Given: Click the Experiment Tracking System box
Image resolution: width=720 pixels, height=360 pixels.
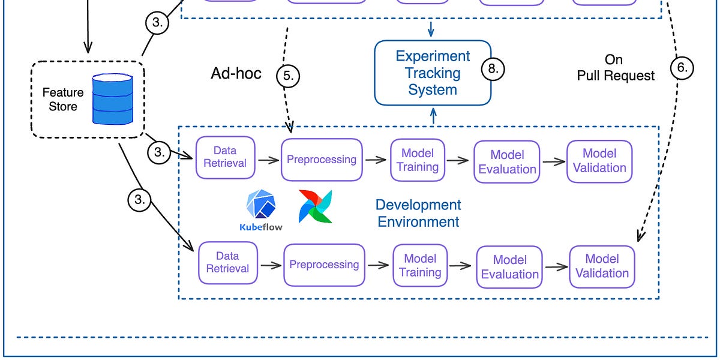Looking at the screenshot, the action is tap(433, 73).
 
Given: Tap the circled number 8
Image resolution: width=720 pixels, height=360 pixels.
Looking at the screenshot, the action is tap(493, 69).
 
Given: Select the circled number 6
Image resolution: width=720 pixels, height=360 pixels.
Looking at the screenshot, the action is tap(682, 68).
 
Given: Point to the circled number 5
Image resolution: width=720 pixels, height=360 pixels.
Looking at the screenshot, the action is tap(288, 76).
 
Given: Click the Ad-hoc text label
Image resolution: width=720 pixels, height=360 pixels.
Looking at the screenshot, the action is tap(236, 73).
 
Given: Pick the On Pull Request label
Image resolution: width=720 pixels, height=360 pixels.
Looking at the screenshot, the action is tap(616, 67).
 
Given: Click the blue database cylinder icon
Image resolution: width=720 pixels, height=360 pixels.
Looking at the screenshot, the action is tap(113, 99).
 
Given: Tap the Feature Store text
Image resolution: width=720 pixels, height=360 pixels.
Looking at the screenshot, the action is tap(63, 100).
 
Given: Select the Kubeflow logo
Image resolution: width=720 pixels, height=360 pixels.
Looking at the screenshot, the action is tap(261, 210).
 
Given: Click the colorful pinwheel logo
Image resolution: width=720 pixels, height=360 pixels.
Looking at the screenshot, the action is tap(316, 206).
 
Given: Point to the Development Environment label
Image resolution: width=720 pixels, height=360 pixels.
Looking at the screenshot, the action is tap(418, 213).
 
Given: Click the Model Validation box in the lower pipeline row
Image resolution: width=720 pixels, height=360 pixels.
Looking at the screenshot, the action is tap(602, 266).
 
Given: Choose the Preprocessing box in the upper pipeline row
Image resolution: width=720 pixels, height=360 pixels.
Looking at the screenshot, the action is tap(322, 160).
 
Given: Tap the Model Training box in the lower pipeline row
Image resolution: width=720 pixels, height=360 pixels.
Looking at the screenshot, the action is tap(420, 265).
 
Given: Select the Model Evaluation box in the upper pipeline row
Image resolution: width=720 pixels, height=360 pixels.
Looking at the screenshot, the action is tap(507, 162).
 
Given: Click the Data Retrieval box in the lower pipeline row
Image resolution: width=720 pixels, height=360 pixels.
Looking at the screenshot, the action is tap(228, 263).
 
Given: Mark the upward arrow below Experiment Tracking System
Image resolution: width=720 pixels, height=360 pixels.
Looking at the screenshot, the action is tap(433, 116).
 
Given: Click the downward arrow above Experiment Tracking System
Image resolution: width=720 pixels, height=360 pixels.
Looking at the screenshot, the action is tap(431, 29).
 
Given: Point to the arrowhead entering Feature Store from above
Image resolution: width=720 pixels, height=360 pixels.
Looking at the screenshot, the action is tap(88, 48).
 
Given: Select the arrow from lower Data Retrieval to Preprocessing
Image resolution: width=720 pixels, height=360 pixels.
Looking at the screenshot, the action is tap(271, 265).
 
